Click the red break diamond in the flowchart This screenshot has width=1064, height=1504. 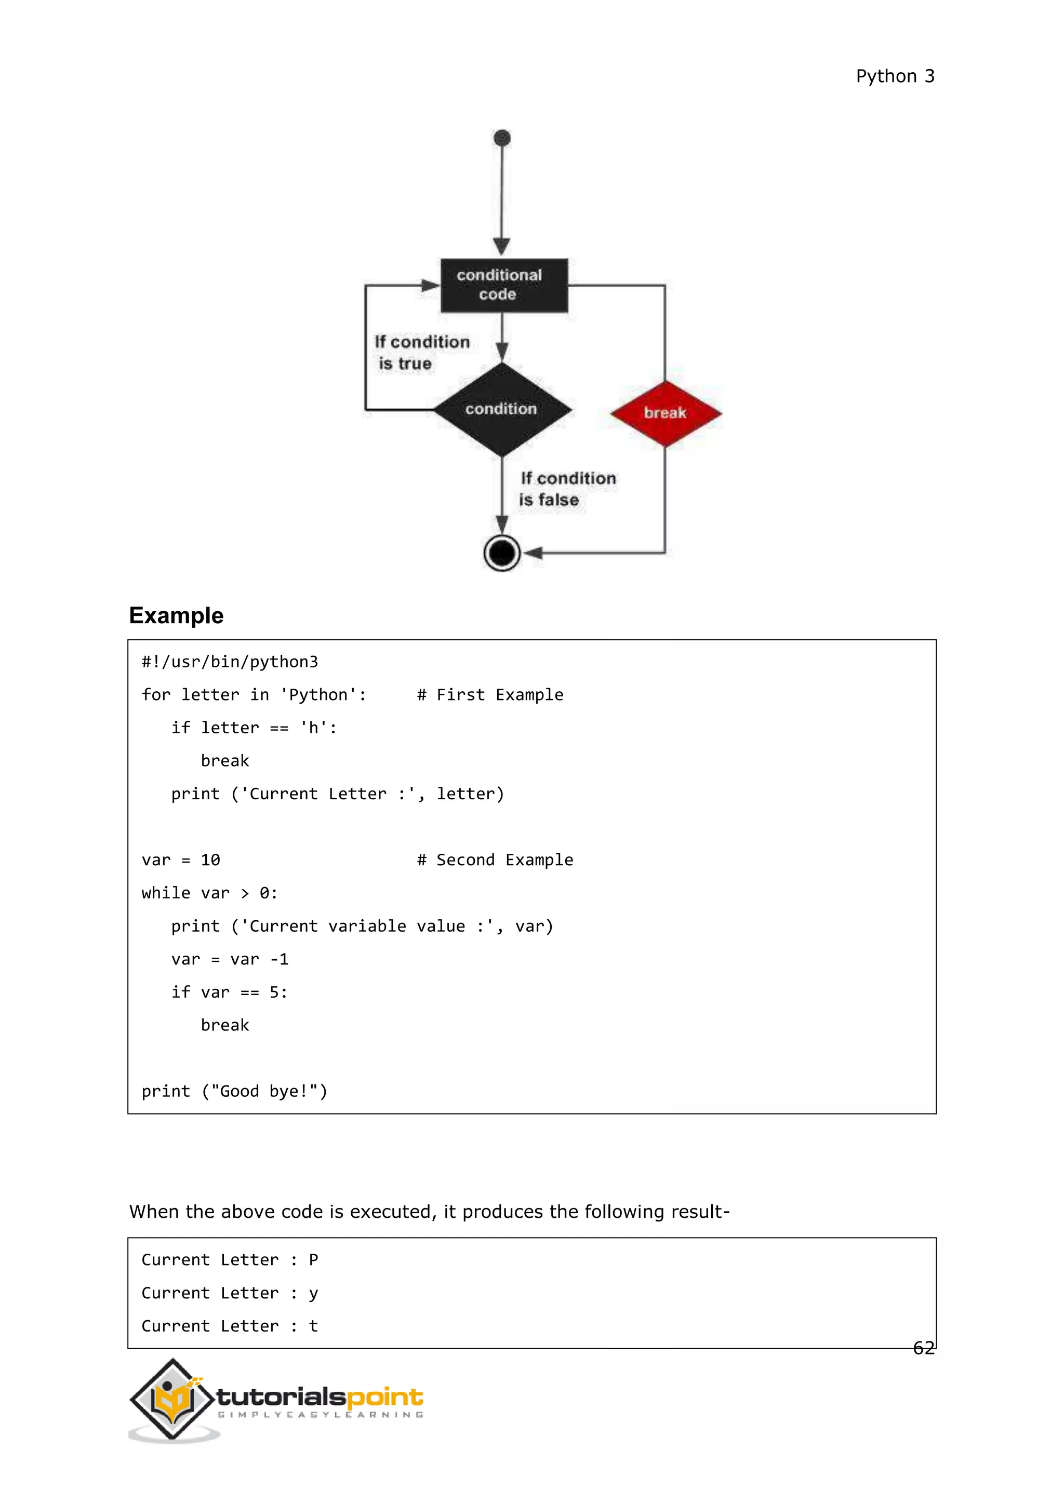tap(665, 413)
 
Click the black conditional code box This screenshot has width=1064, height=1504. tap(503, 285)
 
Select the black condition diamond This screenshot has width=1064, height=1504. tap(502, 409)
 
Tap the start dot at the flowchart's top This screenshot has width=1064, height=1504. tap(502, 138)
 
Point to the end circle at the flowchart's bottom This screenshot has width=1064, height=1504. tap(502, 553)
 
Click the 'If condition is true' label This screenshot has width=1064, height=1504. tap(421, 353)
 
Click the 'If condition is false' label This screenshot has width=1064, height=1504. tap(567, 489)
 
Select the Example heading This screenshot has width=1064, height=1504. tap(176, 616)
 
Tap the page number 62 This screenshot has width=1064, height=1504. tap(923, 1348)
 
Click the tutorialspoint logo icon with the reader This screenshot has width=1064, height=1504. tap(173, 1399)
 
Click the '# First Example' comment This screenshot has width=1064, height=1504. tap(490, 695)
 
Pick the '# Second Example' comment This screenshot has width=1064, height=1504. tap(495, 860)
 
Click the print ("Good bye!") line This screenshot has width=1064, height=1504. tap(234, 1091)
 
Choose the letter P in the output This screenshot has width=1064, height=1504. tap(313, 1260)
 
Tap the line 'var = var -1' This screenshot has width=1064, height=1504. tap(230, 960)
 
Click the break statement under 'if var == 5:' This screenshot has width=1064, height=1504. tap(225, 1025)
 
